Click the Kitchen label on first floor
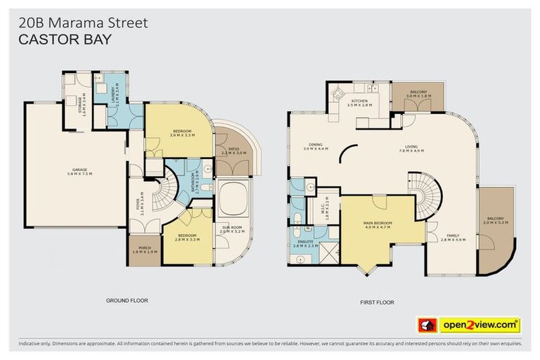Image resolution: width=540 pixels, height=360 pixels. [359, 103]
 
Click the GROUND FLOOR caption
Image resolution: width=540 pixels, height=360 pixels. [127, 300]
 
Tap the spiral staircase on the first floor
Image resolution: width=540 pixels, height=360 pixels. [427, 193]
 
